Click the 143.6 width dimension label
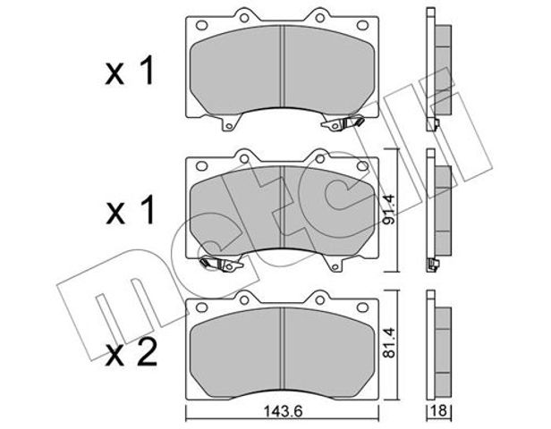pos(282,411)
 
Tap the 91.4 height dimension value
pos(390,210)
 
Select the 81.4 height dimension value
pos(390,342)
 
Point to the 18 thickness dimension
pos(439,410)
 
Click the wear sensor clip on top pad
pos(343,123)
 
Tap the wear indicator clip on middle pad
pos(221,264)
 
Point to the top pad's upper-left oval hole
pos(201,25)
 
